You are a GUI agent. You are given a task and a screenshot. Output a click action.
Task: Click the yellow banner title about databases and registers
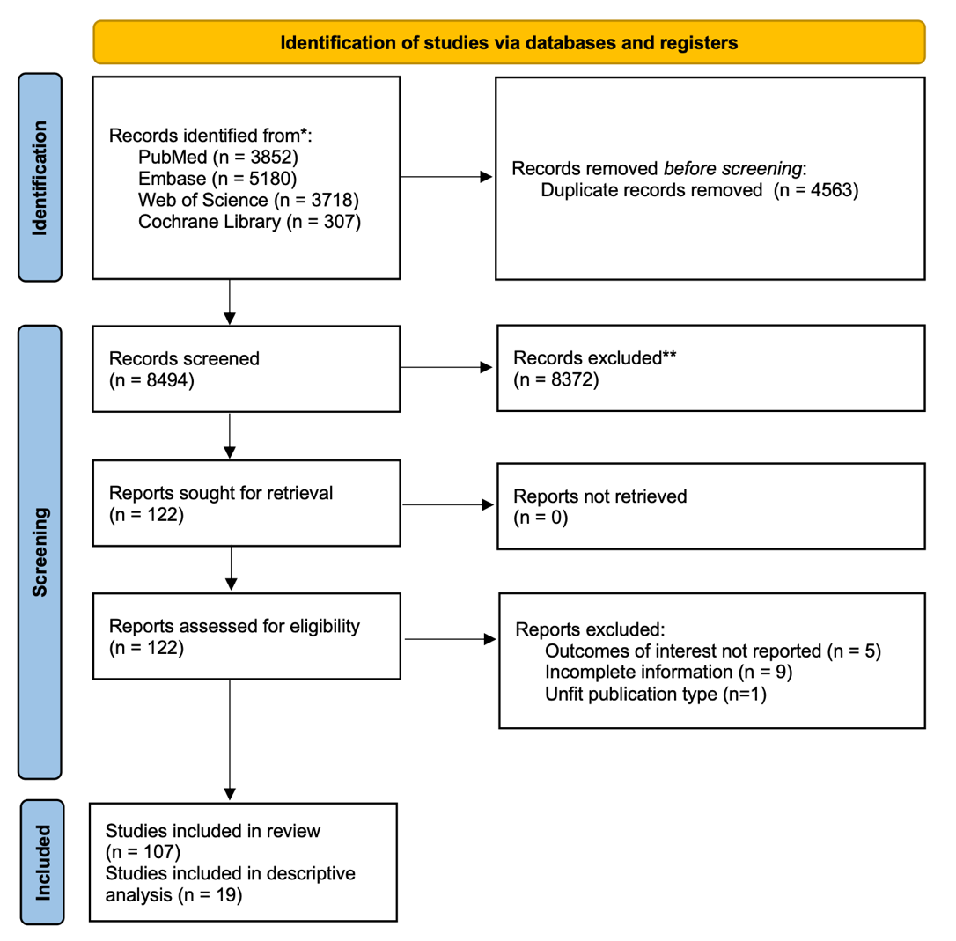pyautogui.click(x=509, y=42)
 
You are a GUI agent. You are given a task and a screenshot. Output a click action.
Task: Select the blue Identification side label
pyautogui.click(x=40, y=178)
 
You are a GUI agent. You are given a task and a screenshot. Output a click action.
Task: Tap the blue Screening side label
pyautogui.click(x=40, y=552)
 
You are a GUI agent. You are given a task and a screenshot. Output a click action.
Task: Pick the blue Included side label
pyautogui.click(x=42, y=863)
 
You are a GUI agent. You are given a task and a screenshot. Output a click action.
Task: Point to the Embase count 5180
pyautogui.click(x=273, y=179)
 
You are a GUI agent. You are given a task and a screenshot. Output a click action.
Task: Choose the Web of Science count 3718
pyautogui.click(x=335, y=200)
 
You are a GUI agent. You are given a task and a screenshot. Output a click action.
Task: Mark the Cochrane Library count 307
pyautogui.click(x=342, y=221)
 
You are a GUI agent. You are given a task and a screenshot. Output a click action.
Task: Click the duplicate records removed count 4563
pyautogui.click(x=834, y=190)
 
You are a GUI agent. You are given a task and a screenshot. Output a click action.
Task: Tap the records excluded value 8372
pyautogui.click(x=574, y=379)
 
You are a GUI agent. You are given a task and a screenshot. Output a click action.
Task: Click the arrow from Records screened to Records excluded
pyautogui.click(x=446, y=367)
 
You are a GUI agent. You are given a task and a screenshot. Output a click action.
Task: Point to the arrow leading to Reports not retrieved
pyautogui.click(x=448, y=504)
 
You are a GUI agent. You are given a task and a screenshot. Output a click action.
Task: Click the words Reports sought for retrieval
pyautogui.click(x=221, y=493)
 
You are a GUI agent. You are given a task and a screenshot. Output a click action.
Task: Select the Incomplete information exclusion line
pyautogui.click(x=668, y=672)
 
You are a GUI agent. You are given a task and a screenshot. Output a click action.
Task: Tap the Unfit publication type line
pyautogui.click(x=656, y=694)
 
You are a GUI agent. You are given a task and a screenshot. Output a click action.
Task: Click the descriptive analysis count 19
pyautogui.click(x=229, y=895)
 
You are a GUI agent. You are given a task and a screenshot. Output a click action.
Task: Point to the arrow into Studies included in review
pyautogui.click(x=230, y=739)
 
